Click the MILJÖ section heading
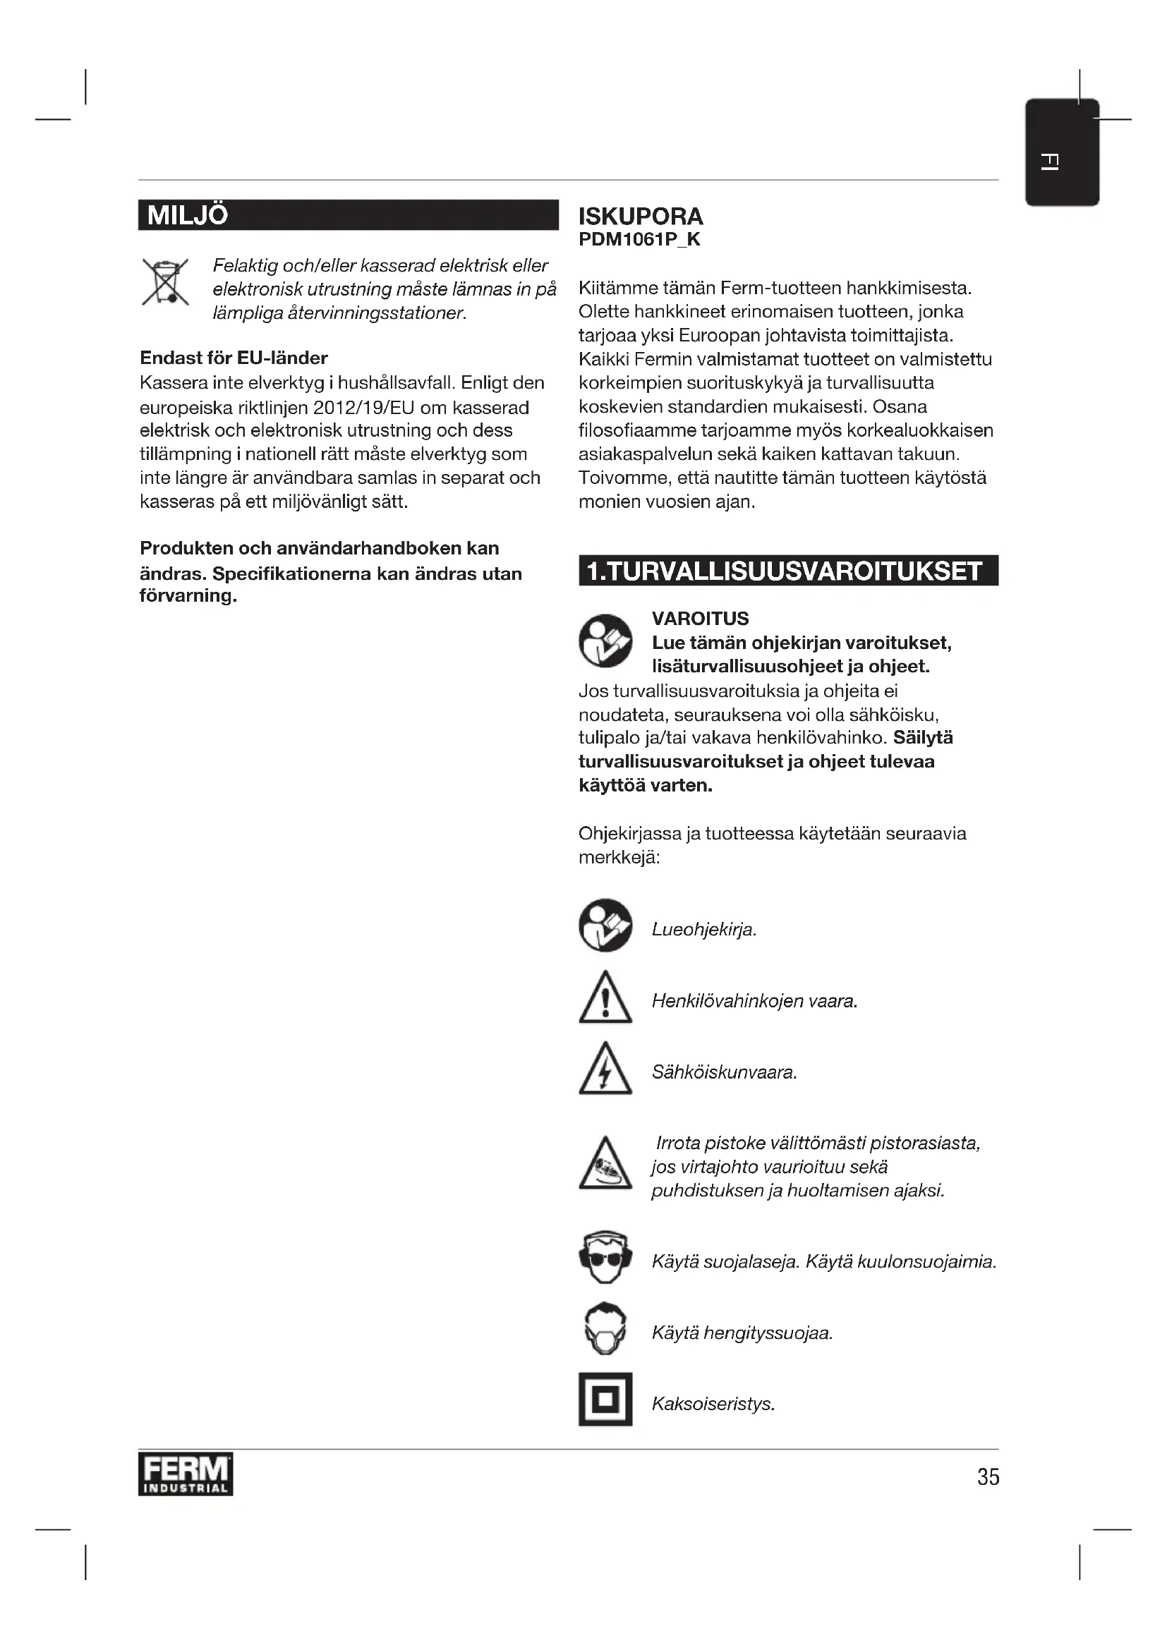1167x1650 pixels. click(x=188, y=216)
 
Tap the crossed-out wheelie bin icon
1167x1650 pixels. click(x=165, y=282)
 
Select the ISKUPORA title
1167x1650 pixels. click(x=640, y=217)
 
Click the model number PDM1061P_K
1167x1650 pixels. click(x=639, y=240)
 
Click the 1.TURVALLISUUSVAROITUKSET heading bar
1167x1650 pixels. click(x=787, y=571)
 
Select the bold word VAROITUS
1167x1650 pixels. click(x=700, y=619)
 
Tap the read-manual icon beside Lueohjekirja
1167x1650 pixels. click(x=605, y=926)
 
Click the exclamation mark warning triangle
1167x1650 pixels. click(x=605, y=998)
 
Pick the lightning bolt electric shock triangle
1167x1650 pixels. click(x=605, y=1069)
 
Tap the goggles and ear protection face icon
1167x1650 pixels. click(x=605, y=1258)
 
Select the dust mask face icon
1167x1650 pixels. click(x=605, y=1330)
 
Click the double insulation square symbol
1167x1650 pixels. click(x=605, y=1400)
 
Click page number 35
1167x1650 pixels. click(x=988, y=1476)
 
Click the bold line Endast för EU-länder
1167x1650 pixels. click(x=234, y=358)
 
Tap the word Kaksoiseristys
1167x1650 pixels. click(x=713, y=1405)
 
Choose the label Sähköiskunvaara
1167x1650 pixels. click(x=724, y=1073)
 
